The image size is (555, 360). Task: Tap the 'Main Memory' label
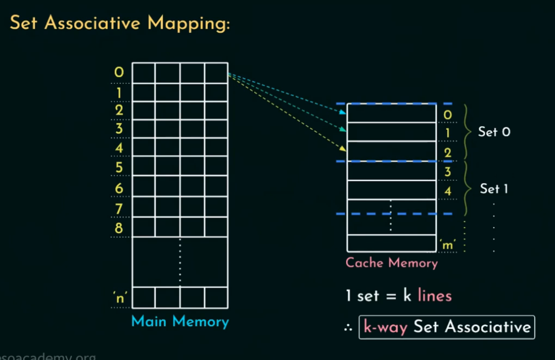[x=180, y=321]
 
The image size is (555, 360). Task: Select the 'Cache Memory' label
[x=391, y=263]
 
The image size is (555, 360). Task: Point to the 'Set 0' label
[x=494, y=132]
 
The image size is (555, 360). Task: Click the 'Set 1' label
[x=494, y=189]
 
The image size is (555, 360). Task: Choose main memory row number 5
[x=119, y=167]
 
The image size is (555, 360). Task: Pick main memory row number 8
[x=119, y=227]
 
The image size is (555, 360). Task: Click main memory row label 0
[x=119, y=72]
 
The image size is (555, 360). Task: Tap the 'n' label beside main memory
[x=119, y=298]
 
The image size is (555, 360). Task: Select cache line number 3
[x=447, y=171]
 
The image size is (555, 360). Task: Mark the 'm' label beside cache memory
[x=448, y=243]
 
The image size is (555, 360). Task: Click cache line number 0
[x=447, y=114]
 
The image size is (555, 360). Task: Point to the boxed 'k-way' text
[x=385, y=327]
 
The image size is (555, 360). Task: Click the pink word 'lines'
[x=435, y=296]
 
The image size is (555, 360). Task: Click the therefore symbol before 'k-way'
[x=348, y=328]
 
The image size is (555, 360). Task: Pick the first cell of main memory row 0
[x=144, y=73]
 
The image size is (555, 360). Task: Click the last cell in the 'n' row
[x=216, y=298]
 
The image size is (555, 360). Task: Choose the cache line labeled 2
[x=391, y=151]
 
